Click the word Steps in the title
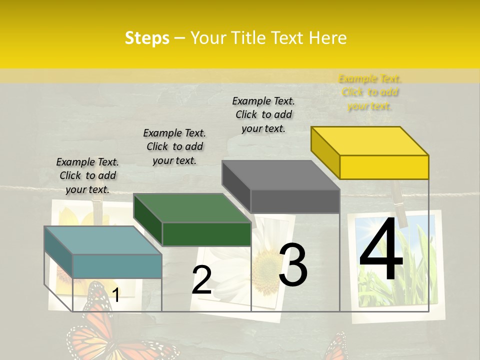click(147, 38)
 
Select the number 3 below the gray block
click(293, 265)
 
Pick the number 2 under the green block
click(202, 280)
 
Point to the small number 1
click(115, 295)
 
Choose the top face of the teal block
click(103, 240)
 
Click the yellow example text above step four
click(370, 92)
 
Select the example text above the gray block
click(263, 114)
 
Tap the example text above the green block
click(174, 146)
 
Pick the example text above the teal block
click(87, 175)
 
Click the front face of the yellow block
click(384, 167)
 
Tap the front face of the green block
click(206, 234)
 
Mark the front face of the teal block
click(117, 266)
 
